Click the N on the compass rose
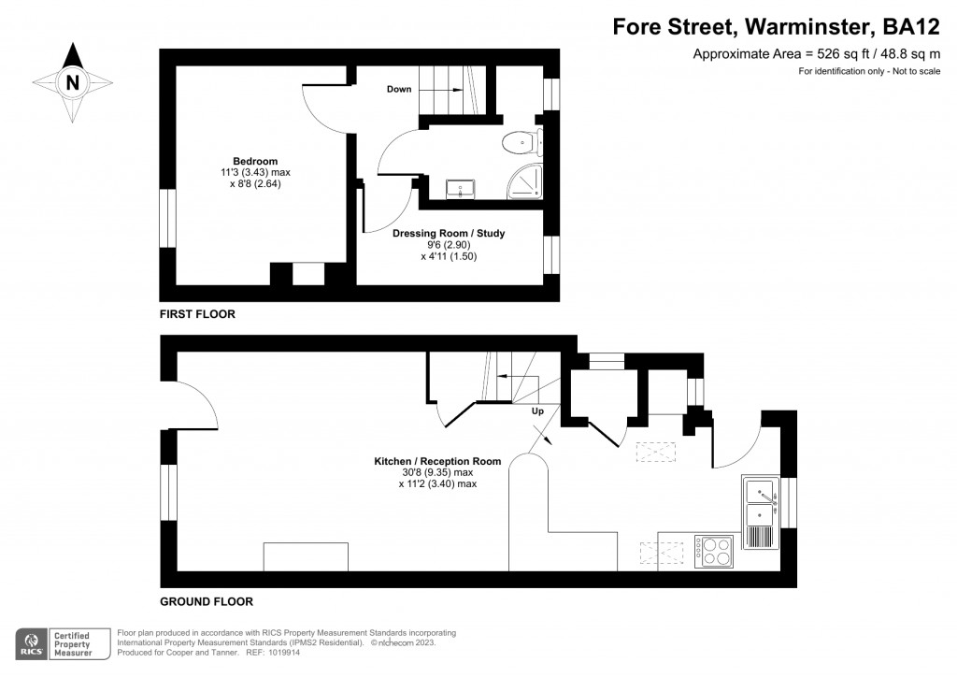tap(72, 83)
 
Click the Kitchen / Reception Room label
tap(437, 461)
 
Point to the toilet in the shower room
tap(520, 142)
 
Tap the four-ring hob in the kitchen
tap(714, 550)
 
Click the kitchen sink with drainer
tap(761, 513)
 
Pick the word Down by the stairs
tap(400, 90)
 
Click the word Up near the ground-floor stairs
tap(537, 411)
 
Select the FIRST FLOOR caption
tap(197, 314)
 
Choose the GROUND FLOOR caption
tap(207, 601)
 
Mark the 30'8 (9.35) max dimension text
tap(437, 472)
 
